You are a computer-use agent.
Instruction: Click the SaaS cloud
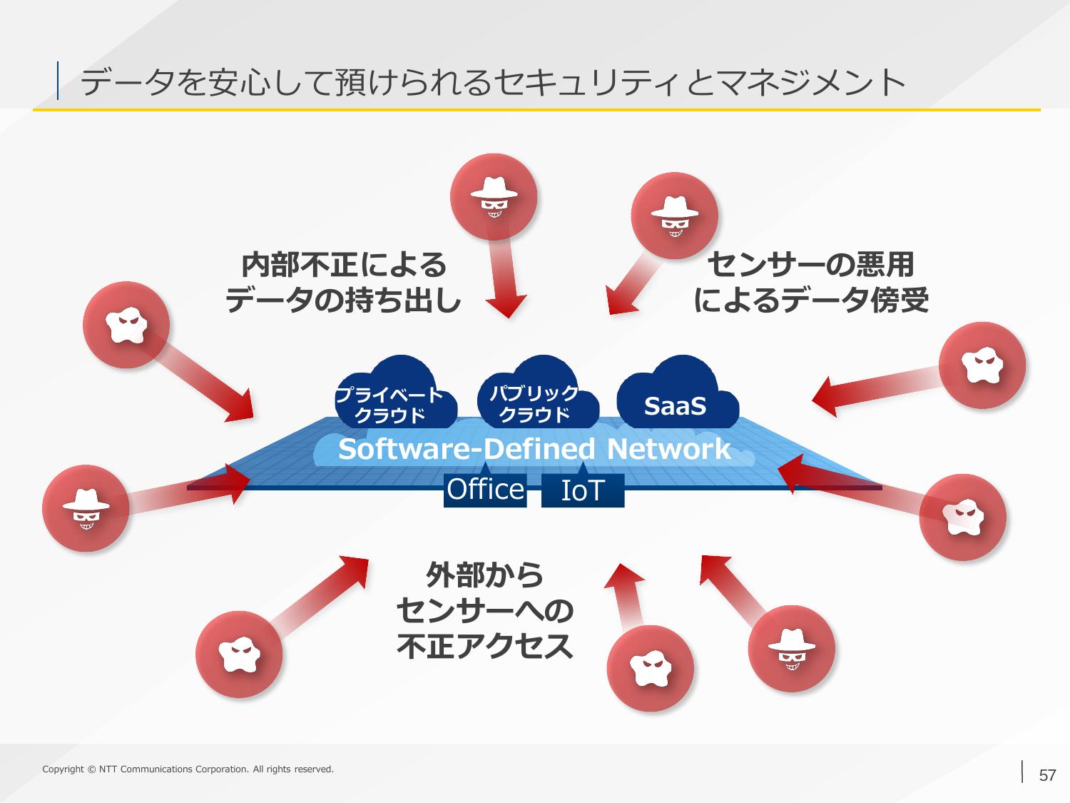coord(678,393)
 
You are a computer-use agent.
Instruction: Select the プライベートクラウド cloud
coord(396,393)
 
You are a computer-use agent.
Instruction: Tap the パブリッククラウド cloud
coord(538,393)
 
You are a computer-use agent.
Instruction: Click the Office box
coord(485,490)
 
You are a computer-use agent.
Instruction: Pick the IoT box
coord(583,490)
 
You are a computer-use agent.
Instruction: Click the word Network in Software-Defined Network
coord(669,448)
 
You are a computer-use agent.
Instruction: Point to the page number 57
coord(1047,775)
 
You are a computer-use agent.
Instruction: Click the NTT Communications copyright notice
coord(188,769)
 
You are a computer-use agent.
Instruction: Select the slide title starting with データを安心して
coord(493,82)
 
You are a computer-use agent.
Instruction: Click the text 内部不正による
coord(344,265)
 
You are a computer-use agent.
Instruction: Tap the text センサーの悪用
coord(810,265)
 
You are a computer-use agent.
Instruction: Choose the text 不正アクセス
coord(484,646)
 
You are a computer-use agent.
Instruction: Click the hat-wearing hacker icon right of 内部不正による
coord(494,197)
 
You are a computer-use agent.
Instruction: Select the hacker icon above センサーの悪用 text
coord(675,216)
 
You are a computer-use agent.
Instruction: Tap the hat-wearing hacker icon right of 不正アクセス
coord(792,648)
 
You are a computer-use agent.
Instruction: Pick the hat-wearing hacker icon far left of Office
coord(86,508)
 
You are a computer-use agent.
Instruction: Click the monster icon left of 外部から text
coord(239,654)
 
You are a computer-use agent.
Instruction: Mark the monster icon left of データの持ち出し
coord(126,325)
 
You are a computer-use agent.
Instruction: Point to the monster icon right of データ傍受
coord(982,365)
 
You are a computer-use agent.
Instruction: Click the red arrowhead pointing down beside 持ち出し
coord(506,305)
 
